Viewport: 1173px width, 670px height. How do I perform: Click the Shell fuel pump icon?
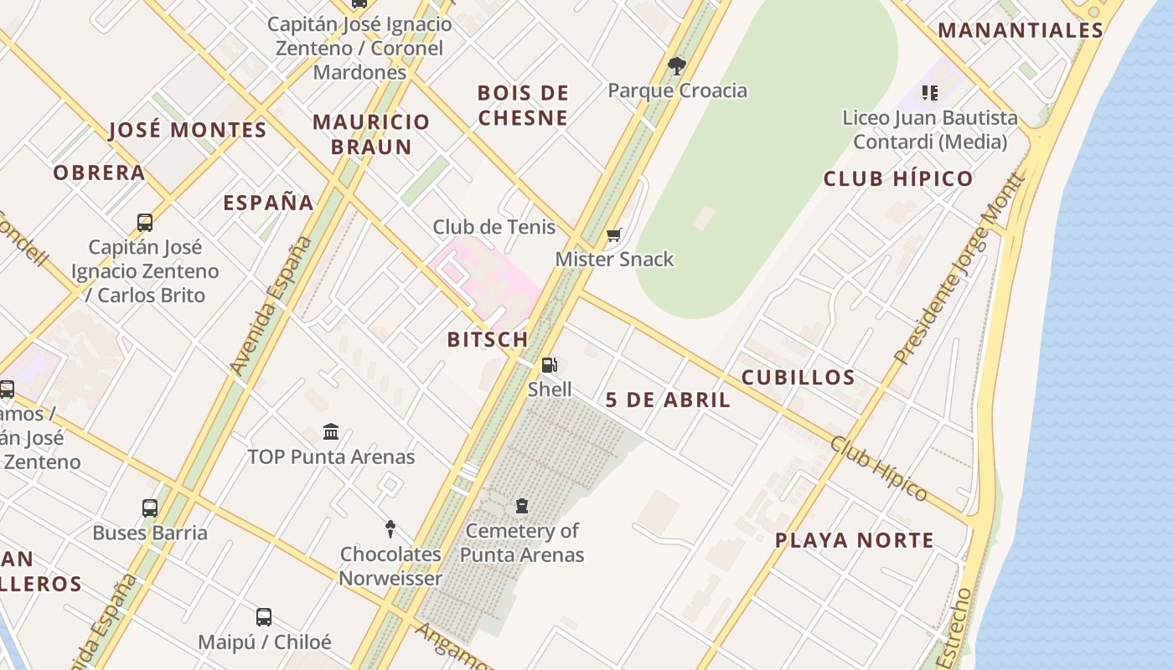(x=549, y=364)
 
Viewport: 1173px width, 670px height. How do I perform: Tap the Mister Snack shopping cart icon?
(x=614, y=235)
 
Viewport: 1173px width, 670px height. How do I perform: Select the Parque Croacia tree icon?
(x=677, y=65)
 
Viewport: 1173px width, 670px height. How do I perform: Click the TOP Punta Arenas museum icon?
(x=331, y=432)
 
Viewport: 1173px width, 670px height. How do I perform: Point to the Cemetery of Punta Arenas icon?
(x=522, y=506)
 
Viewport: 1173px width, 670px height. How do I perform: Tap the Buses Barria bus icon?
(x=150, y=508)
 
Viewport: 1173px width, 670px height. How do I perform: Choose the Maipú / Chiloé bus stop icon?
(x=264, y=617)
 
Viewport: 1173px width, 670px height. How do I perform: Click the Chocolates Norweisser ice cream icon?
(x=390, y=528)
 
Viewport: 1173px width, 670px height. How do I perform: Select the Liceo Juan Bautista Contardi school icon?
(x=930, y=93)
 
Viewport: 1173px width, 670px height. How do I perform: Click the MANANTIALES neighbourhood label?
(x=1020, y=31)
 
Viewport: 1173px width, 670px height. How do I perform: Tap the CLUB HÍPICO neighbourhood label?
(x=897, y=178)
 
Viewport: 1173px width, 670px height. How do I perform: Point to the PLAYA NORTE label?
(x=854, y=540)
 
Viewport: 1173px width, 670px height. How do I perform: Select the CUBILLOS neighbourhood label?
(x=798, y=378)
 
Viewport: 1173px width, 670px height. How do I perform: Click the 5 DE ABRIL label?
(x=668, y=400)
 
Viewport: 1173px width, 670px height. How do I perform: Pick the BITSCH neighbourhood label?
(x=488, y=339)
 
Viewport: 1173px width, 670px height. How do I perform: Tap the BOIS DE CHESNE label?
(x=523, y=105)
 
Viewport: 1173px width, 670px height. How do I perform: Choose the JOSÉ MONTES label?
(x=188, y=131)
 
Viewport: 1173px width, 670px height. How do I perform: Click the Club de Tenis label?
(x=493, y=227)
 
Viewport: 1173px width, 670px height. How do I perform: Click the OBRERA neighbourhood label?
(x=99, y=173)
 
